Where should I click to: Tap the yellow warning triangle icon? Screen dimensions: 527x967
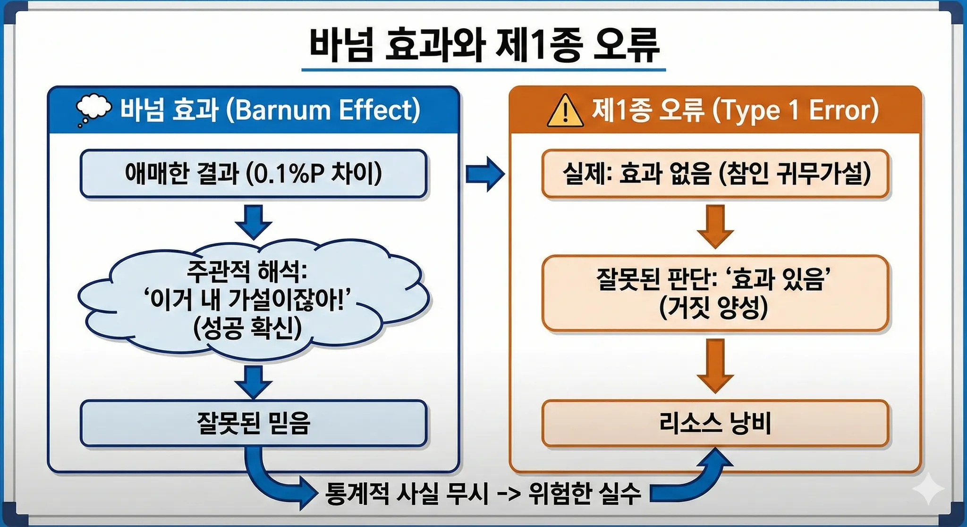pyautogui.click(x=565, y=111)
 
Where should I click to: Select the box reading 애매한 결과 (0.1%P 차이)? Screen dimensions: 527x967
pyautogui.click(x=254, y=173)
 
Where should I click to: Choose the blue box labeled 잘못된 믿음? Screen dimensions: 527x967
pyautogui.click(x=254, y=423)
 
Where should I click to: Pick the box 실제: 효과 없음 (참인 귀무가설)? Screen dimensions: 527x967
pyautogui.click(x=715, y=173)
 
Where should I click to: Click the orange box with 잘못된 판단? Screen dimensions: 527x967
pyautogui.click(x=715, y=293)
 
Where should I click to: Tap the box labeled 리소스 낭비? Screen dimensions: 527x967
pyautogui.click(x=715, y=423)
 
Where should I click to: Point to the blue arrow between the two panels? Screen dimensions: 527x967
pyautogui.click(x=485, y=174)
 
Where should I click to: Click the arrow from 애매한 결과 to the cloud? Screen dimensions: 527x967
pyautogui.click(x=254, y=221)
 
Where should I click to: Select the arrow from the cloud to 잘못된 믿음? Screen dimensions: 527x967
pyautogui.click(x=254, y=382)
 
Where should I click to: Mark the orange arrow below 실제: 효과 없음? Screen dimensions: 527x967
pyautogui.click(x=715, y=226)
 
